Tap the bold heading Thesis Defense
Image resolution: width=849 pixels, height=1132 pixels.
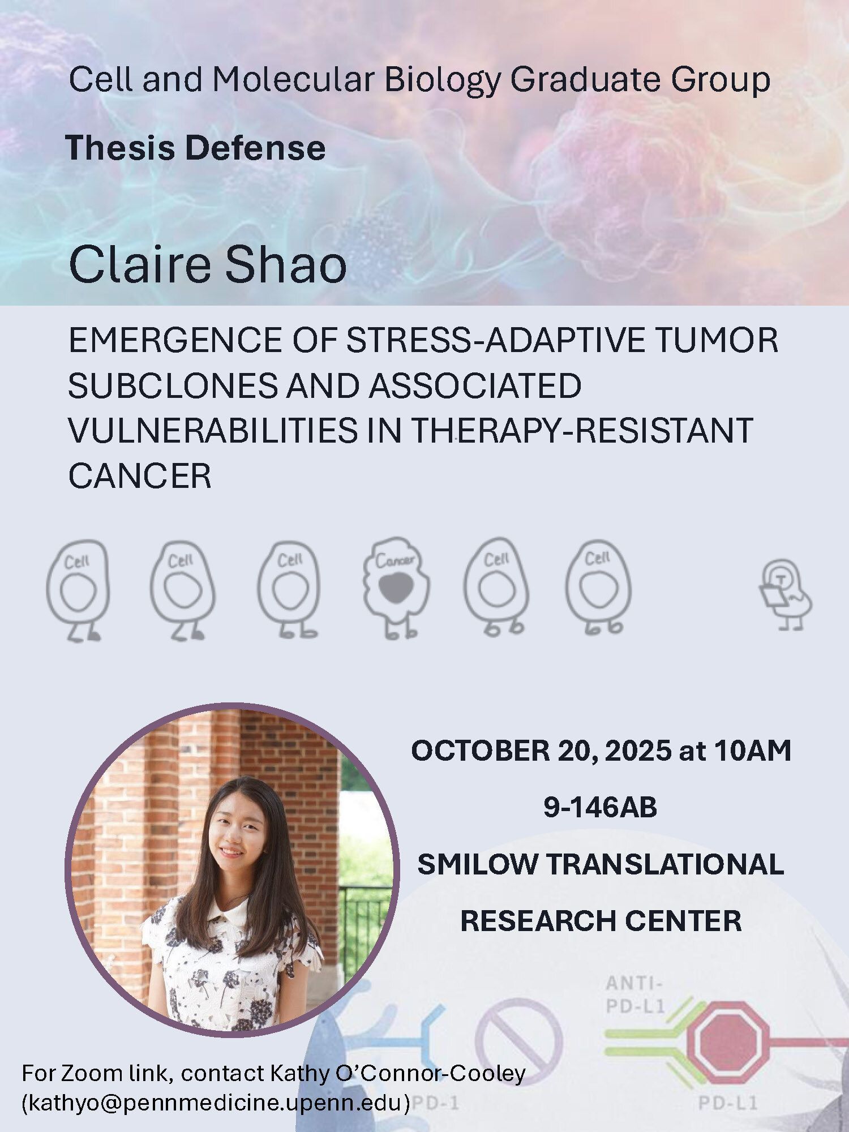(x=196, y=148)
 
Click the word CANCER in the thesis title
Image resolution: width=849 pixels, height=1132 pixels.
(x=140, y=476)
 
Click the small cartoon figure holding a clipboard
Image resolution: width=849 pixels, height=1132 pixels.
(x=785, y=594)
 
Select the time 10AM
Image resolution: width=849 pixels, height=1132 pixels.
(x=753, y=751)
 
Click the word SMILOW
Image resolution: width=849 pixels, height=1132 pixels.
(x=478, y=864)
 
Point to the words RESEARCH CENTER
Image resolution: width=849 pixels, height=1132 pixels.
(x=601, y=921)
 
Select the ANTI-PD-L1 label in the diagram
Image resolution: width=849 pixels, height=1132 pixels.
(x=634, y=994)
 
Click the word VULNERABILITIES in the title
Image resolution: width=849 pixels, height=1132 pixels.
(x=213, y=431)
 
